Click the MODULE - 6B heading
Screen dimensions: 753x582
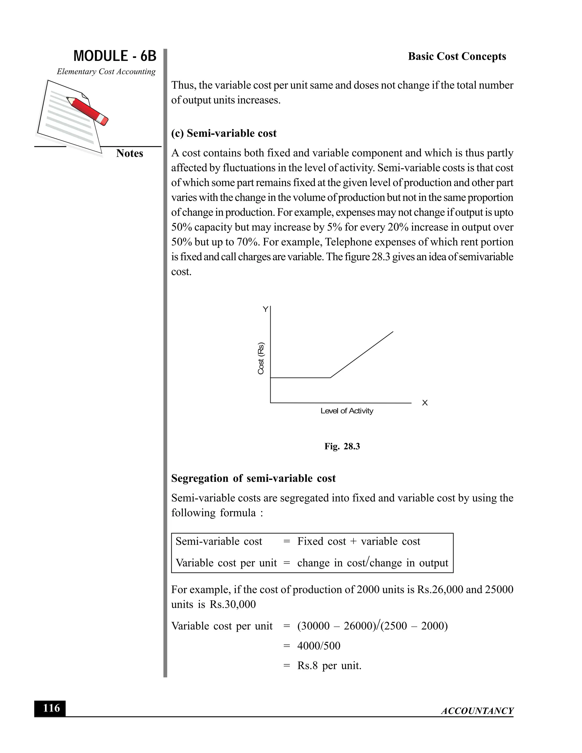[115, 56]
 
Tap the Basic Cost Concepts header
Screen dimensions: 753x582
[457, 56]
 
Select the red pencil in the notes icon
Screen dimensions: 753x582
[88, 111]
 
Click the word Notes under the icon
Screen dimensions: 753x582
[129, 153]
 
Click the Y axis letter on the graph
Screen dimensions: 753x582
[265, 309]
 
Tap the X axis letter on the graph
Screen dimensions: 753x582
[425, 403]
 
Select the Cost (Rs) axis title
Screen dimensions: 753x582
[261, 358]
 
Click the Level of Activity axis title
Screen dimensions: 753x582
[346, 411]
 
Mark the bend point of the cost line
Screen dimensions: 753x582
[330, 378]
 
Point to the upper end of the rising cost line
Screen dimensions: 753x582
[393, 332]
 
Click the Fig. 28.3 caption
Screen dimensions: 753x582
[342, 446]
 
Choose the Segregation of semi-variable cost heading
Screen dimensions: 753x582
[253, 478]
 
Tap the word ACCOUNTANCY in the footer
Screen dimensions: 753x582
[477, 711]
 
